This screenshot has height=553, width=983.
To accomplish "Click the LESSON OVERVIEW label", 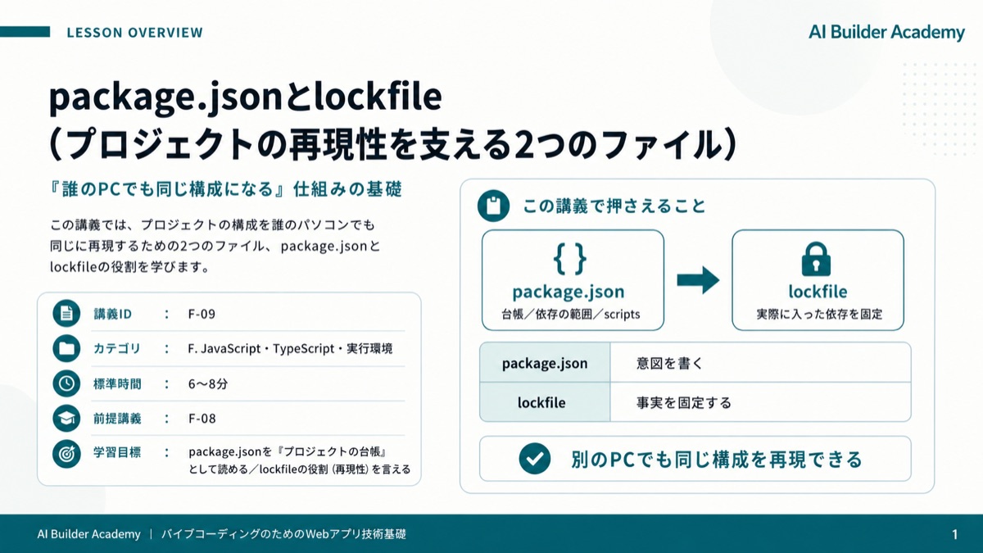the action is pyautogui.click(x=134, y=33).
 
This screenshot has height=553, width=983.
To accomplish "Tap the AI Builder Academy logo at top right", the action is pyautogui.click(x=886, y=32).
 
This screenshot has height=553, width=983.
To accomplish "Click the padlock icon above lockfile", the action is pyautogui.click(x=816, y=259).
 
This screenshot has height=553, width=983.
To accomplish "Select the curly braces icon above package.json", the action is pyautogui.click(x=569, y=259).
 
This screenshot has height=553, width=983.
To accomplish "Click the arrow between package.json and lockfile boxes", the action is pyautogui.click(x=698, y=280).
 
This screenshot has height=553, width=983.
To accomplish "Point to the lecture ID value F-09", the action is pyautogui.click(x=202, y=314).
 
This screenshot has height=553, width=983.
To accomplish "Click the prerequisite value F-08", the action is pyautogui.click(x=202, y=419).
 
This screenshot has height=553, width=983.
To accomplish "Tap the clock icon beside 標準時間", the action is pyautogui.click(x=66, y=383).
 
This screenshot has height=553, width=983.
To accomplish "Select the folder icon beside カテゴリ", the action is pyautogui.click(x=66, y=348).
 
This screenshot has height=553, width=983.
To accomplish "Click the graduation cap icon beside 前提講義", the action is pyautogui.click(x=66, y=419).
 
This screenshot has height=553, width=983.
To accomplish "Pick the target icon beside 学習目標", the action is pyautogui.click(x=66, y=454).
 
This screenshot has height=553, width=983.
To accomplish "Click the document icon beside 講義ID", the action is pyautogui.click(x=66, y=313).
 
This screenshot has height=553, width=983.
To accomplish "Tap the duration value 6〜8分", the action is pyautogui.click(x=208, y=384).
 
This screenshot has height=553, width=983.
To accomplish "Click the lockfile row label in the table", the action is pyautogui.click(x=541, y=402).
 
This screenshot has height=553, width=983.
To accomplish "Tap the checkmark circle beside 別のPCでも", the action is pyautogui.click(x=534, y=459).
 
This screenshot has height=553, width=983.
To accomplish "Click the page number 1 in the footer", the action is pyautogui.click(x=954, y=534).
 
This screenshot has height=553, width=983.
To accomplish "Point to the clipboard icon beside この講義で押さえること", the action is pyautogui.click(x=494, y=206).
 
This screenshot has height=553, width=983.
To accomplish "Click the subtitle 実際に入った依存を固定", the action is pyautogui.click(x=819, y=315).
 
